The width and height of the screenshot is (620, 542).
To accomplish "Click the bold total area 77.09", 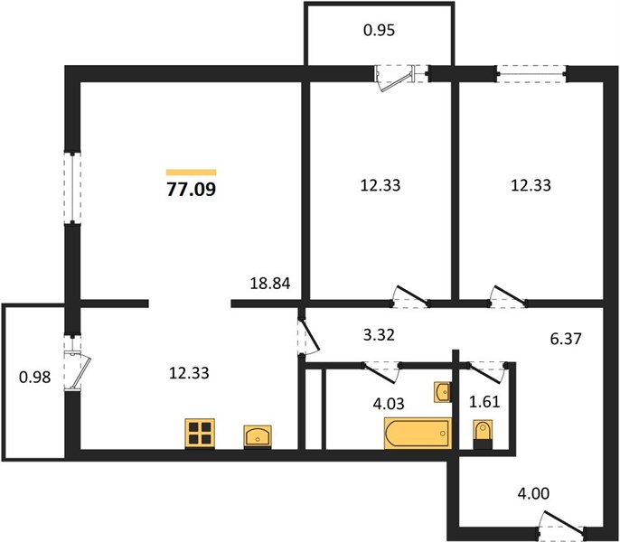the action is point(192,189).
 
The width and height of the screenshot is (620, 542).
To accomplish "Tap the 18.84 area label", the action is point(270,283).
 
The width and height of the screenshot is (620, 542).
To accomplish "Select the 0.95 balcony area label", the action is point(380,30).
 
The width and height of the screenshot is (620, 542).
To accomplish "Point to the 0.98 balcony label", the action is point(34,378).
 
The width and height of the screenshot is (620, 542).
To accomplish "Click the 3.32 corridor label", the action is point(379,335).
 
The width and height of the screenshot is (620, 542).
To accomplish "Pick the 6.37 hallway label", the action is point(566,339).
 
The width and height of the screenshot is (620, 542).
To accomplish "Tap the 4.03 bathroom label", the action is point(389,404).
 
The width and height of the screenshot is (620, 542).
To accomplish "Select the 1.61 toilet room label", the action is point(484,402).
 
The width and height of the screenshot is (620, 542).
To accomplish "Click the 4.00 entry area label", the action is point(533,493).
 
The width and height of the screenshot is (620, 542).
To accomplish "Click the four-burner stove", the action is point(200,434).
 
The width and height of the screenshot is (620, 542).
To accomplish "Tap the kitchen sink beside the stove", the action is point(258,436).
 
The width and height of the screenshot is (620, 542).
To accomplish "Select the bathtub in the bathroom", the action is point(418,434).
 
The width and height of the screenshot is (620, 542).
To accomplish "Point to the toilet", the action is point(483,435).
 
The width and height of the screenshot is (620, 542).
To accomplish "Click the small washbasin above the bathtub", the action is point(443,392).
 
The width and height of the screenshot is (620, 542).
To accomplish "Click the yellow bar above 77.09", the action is point(192,172).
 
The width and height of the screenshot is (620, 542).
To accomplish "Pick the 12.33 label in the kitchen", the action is point(189,373).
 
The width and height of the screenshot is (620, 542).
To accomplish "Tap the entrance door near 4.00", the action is point(561,523).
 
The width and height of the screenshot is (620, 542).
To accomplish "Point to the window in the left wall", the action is point(72,188).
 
